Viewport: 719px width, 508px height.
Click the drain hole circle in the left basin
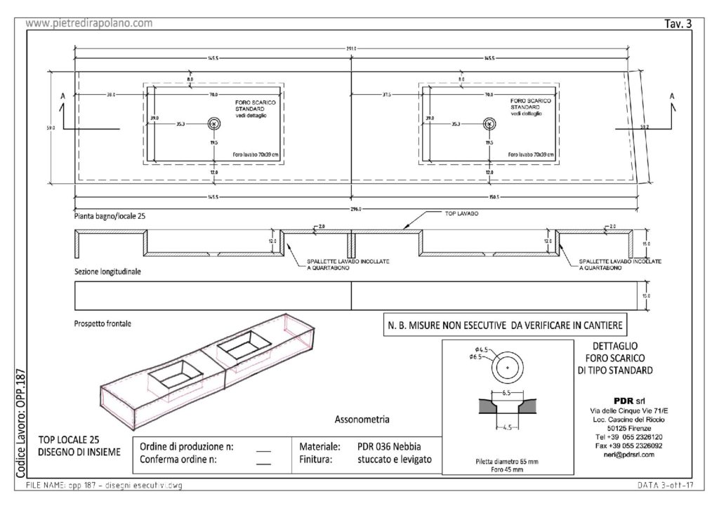click(x=214, y=123)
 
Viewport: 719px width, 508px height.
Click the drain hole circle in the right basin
click(x=489, y=123)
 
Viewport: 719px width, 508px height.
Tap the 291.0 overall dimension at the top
click(x=351, y=48)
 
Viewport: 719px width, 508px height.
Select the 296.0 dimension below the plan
click(x=356, y=208)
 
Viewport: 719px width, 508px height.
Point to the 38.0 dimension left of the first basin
click(x=111, y=94)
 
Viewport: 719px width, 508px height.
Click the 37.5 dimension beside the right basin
click(x=386, y=94)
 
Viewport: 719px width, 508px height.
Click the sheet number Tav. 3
click(x=678, y=24)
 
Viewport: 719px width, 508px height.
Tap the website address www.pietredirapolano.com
click(x=89, y=23)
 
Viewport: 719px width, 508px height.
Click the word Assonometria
click(x=362, y=420)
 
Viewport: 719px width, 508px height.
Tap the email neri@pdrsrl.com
click(x=619, y=455)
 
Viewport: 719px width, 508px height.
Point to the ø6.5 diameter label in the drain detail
click(x=485, y=358)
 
